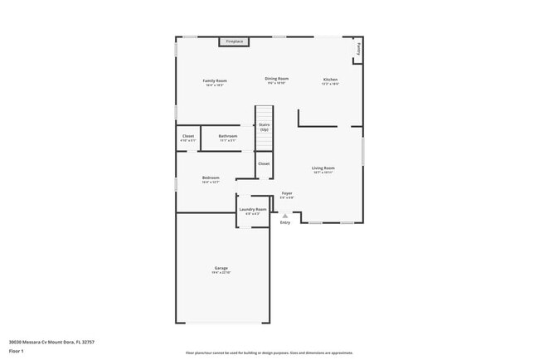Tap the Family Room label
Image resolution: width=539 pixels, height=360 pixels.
coord(216,81)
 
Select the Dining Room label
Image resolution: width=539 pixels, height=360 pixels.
coord(276,79)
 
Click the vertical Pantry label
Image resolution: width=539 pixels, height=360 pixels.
coord(359,50)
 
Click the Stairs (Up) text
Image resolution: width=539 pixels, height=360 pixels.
coord(264,127)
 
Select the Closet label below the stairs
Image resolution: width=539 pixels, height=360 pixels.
coord(264,163)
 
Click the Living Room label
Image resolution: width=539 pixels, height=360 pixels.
coord(323,169)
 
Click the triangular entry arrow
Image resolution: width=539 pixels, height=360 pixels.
coord(285,215)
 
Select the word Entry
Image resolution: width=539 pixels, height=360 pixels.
coord(285,222)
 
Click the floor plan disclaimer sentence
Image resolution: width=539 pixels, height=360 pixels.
coord(269,352)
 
